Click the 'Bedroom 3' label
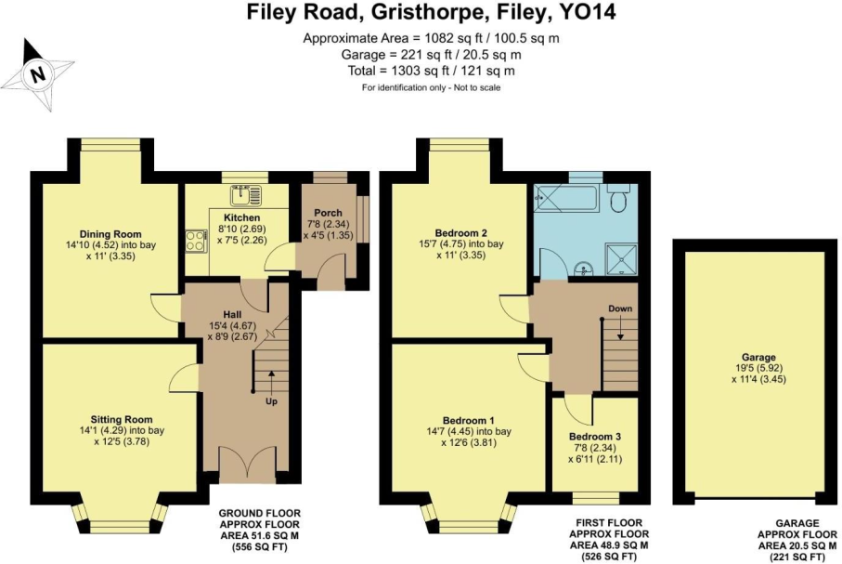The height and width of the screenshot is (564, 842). (595, 436)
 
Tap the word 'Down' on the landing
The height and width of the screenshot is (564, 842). (620, 308)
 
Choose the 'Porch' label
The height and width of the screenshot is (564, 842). (329, 213)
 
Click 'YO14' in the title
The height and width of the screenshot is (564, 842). (587, 13)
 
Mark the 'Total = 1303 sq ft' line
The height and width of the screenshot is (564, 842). (432, 70)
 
